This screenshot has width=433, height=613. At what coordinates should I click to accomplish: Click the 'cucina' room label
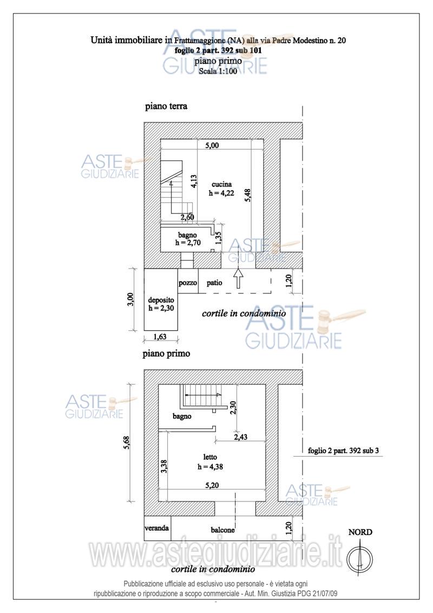(x=221, y=184)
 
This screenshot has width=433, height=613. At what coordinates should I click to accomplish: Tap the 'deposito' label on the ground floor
(x=161, y=300)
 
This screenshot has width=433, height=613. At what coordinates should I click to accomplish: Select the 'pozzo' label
(x=188, y=283)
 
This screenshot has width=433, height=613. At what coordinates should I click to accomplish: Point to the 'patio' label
(x=214, y=283)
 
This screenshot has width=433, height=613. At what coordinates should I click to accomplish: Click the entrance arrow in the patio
(x=238, y=278)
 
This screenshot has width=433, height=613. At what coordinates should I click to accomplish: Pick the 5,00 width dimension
(x=212, y=145)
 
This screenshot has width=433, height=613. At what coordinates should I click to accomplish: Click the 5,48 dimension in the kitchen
(x=247, y=195)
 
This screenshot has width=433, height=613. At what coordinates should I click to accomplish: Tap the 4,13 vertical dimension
(x=194, y=181)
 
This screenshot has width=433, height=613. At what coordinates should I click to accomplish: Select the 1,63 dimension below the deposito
(x=160, y=337)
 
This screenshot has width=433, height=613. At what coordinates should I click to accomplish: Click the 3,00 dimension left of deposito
(x=130, y=299)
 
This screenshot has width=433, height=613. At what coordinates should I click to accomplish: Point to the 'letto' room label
(x=210, y=457)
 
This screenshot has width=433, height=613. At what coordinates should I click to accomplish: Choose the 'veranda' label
(x=157, y=528)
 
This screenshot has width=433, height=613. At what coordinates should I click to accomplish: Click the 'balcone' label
(x=223, y=530)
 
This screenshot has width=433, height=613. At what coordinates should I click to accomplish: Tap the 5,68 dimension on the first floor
(x=126, y=442)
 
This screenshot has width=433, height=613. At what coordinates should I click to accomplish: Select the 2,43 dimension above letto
(x=241, y=436)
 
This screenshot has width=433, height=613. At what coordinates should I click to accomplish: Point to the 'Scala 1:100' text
(x=218, y=71)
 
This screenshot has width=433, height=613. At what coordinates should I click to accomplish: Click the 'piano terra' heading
(x=166, y=106)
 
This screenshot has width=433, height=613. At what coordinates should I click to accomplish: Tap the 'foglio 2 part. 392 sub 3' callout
(x=343, y=451)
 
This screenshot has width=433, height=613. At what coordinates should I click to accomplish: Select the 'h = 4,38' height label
(x=210, y=466)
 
